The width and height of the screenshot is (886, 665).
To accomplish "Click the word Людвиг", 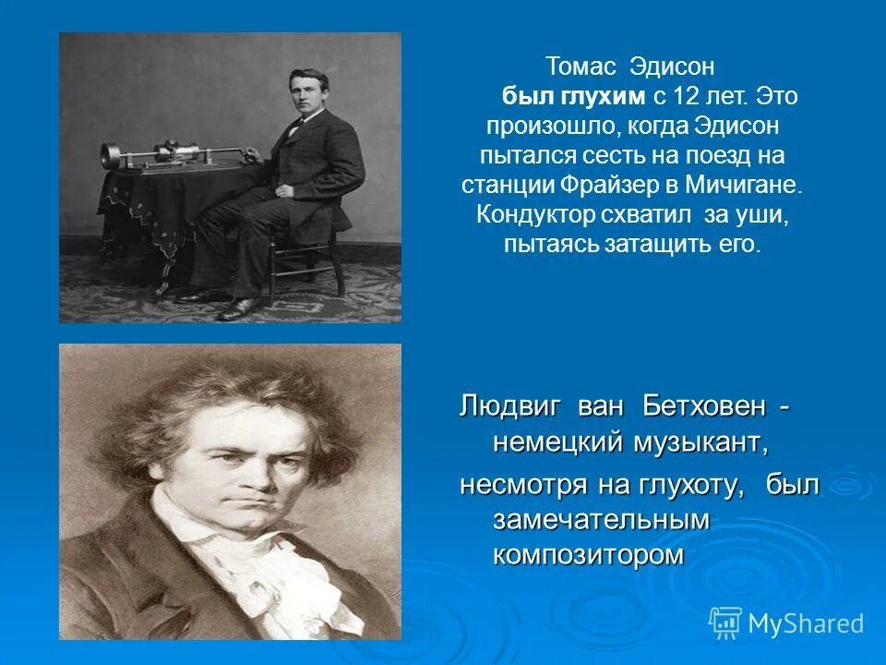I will click(x=510, y=407).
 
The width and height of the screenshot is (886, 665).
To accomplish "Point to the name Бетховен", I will click(x=698, y=407).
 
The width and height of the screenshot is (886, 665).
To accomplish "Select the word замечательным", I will click(x=601, y=519).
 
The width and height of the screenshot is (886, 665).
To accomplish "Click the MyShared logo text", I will click(x=805, y=623).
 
